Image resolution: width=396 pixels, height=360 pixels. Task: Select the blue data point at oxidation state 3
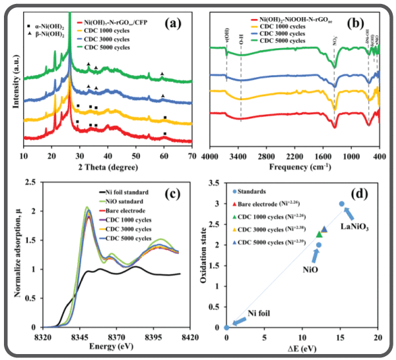pos(341,204)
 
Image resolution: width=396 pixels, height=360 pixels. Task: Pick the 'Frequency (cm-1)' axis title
pos(294,167)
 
